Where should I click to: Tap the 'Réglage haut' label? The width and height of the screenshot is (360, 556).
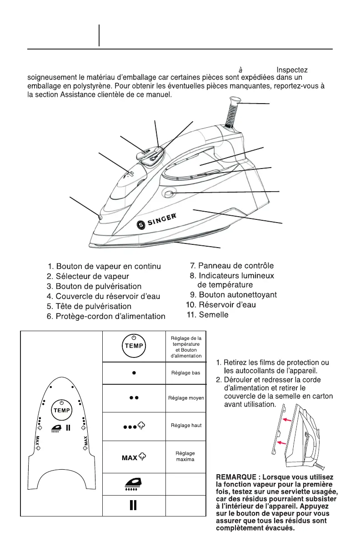coord(186,426)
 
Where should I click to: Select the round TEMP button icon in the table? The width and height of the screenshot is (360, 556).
coord(134,345)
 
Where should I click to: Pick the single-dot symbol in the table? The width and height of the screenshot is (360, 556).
coord(134,372)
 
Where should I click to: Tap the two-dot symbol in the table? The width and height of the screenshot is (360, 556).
coord(134,397)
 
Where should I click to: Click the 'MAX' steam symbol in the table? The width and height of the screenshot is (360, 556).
coord(134,456)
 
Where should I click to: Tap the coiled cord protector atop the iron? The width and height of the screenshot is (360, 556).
coord(232,113)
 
